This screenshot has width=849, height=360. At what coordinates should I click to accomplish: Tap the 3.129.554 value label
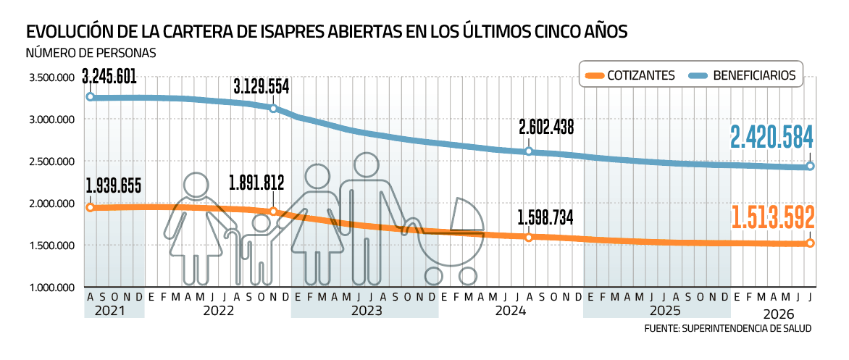(262, 88)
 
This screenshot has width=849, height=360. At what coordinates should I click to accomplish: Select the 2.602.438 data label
(545, 127)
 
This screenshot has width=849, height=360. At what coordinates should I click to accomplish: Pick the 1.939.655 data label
(113, 187)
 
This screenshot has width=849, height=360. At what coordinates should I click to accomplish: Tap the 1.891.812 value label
(256, 183)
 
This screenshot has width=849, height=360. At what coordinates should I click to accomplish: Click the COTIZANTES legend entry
(630, 75)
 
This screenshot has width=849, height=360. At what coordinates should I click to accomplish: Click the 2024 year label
(511, 311)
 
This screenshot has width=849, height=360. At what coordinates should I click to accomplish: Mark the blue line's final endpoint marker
(810, 166)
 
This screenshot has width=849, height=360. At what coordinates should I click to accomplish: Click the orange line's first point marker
(90, 207)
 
